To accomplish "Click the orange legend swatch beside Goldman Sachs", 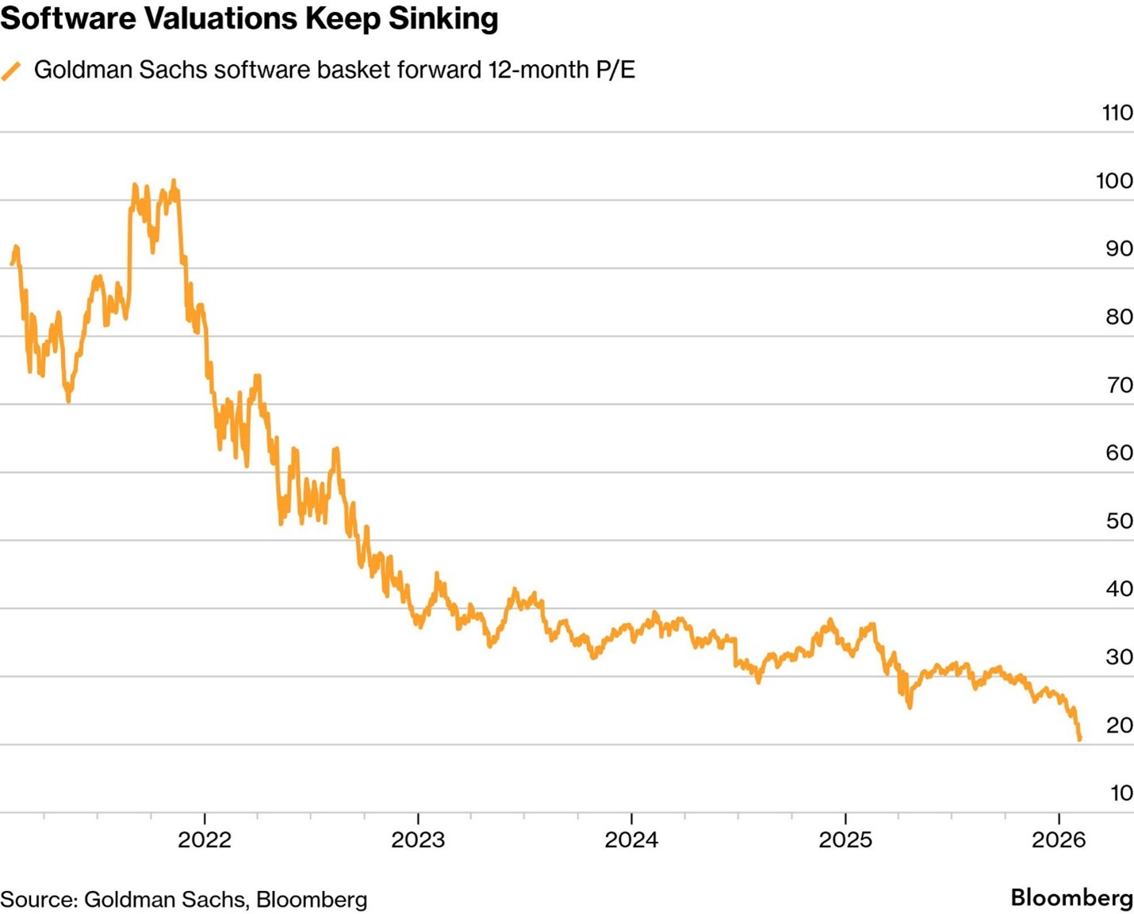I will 11,71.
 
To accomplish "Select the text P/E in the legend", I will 615,70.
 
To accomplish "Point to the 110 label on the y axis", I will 1117,113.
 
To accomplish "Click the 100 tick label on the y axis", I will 1114,181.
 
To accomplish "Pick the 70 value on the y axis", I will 1119,385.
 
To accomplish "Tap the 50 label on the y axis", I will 1119,521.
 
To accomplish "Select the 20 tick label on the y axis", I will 1119,725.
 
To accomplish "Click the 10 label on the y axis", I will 1121,793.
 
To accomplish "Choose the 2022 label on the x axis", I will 205,839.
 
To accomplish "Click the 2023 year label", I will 418,839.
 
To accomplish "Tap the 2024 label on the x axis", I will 631,839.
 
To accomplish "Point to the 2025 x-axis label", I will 845,839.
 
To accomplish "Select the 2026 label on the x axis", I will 1059,839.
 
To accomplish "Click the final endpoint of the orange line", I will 1079,739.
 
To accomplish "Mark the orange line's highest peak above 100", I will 174,182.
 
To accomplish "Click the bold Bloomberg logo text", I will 1071,897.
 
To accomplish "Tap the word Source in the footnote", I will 37,900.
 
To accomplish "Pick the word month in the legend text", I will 554,70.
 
